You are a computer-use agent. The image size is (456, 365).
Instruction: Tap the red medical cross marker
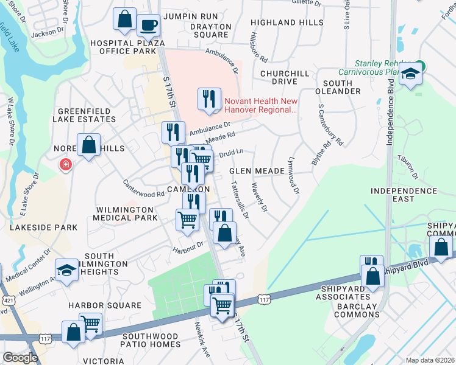[65, 164]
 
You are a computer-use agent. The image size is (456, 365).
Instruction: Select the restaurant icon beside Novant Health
[209, 99]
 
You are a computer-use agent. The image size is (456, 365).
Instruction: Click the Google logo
[20, 358]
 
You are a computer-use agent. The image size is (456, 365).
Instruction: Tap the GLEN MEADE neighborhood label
[257, 172]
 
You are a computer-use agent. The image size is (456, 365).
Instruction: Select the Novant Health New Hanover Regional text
[261, 106]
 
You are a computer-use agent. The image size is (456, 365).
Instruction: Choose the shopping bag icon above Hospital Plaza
[125, 19]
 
